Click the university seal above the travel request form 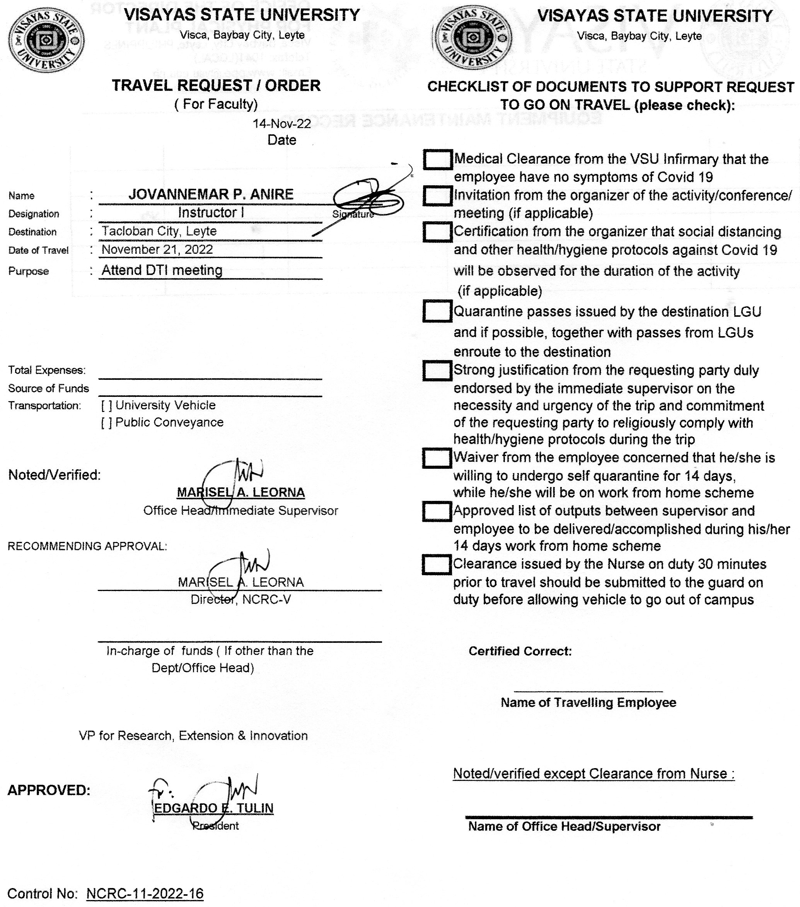coord(46,39)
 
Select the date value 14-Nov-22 coord(282,123)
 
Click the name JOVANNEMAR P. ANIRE coord(211,194)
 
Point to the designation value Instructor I coord(211,213)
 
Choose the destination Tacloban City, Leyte coord(159,231)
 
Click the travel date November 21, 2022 coord(157,249)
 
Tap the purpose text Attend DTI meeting coord(162,270)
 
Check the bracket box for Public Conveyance coord(106,423)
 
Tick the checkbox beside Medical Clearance coord(437,159)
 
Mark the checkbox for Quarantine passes coord(437,311)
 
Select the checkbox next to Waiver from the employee coord(437,458)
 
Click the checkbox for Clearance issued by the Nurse coord(437,564)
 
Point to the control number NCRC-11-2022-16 coord(145,893)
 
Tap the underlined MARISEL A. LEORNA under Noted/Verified coord(241,492)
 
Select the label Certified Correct coord(520,651)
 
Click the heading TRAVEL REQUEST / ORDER coord(216,85)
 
